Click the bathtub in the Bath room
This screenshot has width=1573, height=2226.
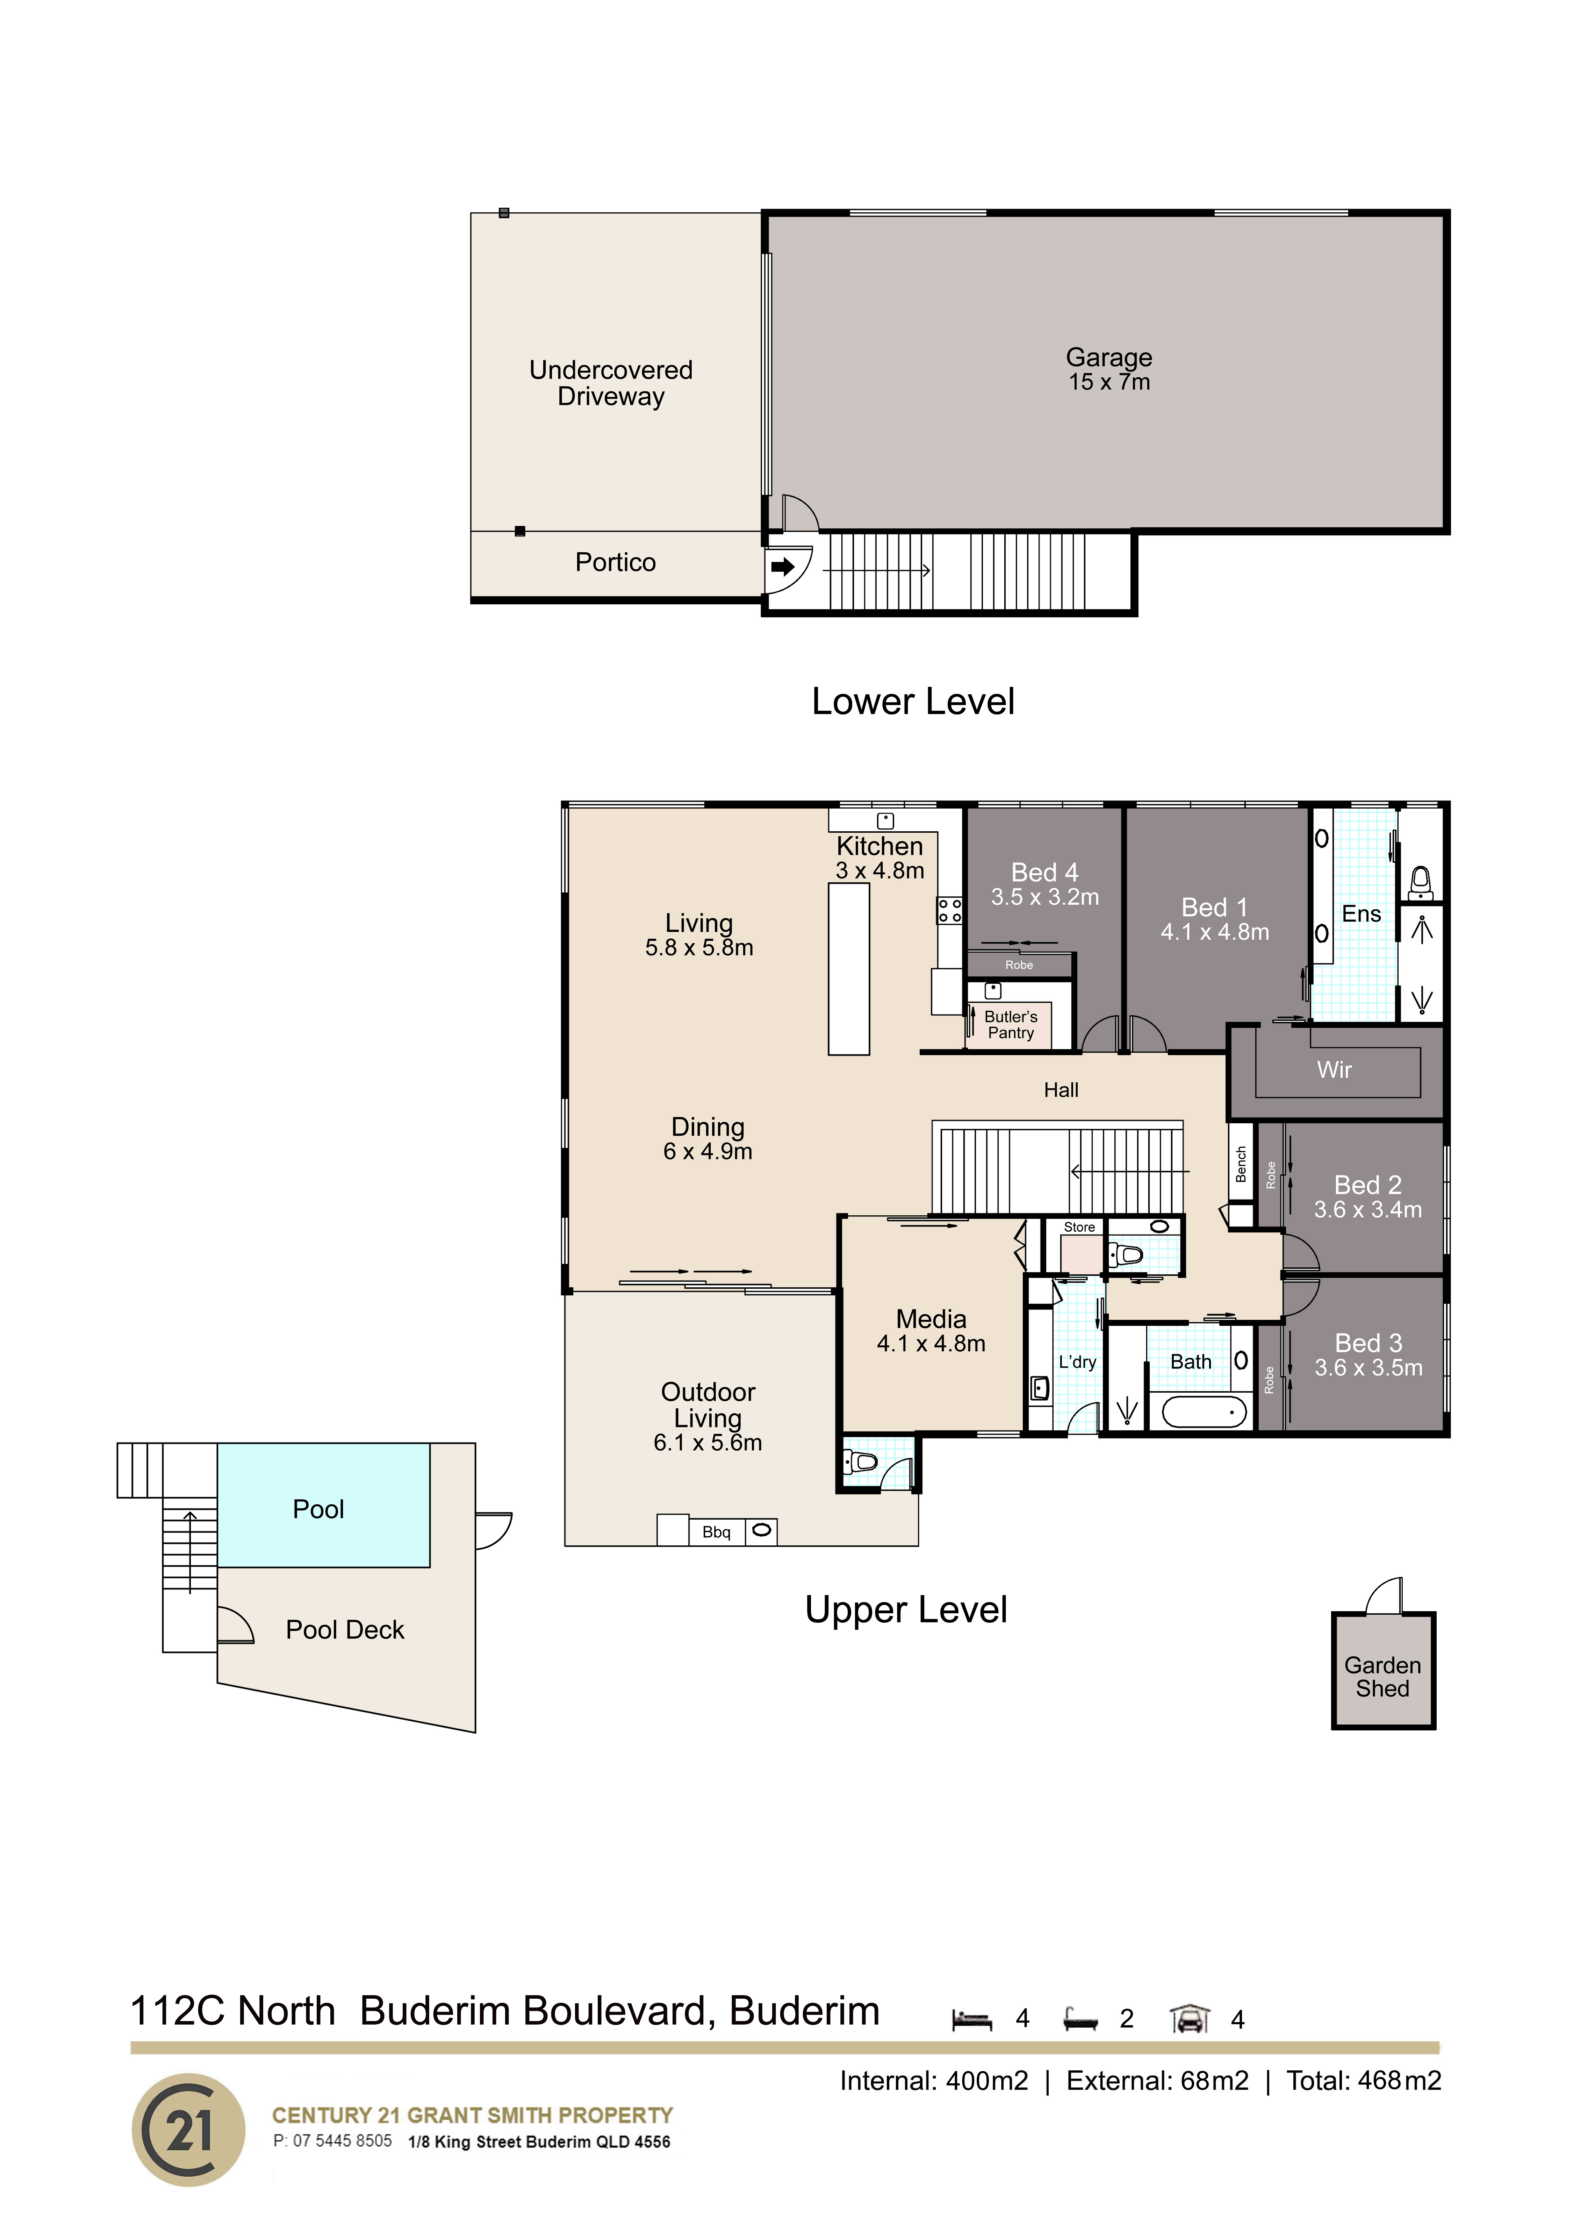[1204, 1411]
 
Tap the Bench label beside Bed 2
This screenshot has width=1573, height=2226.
[1241, 1164]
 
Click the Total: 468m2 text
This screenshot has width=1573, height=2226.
[1364, 2081]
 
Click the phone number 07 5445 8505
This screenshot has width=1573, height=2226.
[342, 2141]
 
